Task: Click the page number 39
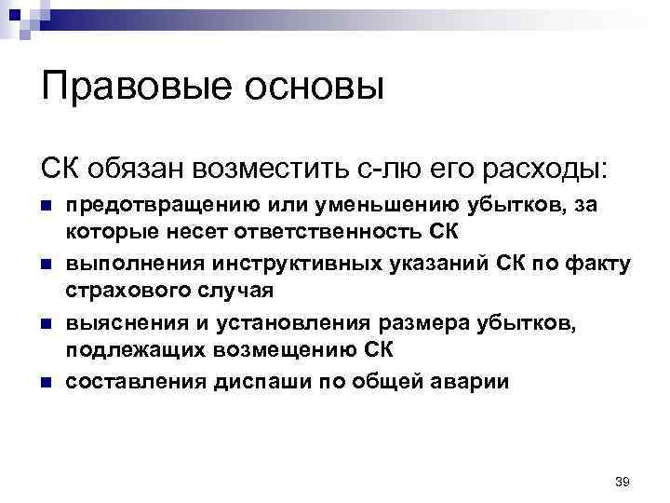(623, 482)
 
